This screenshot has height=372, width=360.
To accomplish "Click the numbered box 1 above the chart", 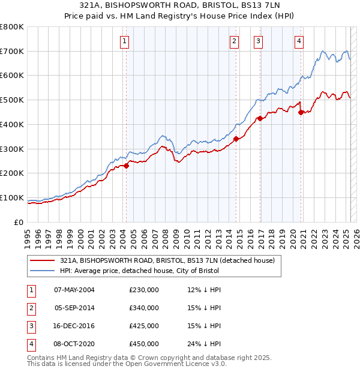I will point(124,41).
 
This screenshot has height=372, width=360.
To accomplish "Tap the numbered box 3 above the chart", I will point(258,41).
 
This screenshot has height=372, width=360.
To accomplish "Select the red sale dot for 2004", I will point(127,166).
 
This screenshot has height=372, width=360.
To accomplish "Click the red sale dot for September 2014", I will point(236,139).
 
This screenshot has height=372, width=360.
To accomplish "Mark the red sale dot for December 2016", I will point(260,118).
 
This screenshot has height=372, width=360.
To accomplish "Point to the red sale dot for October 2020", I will point(301,112).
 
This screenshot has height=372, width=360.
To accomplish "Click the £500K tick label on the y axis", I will point(12,100).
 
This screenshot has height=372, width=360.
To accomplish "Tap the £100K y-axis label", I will point(12,198).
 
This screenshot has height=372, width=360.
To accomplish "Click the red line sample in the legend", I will point(42,261).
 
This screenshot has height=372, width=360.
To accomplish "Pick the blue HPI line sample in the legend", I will point(42,271).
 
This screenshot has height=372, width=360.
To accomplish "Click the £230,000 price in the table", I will point(144,290).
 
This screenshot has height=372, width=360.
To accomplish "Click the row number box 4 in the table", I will point(30,344).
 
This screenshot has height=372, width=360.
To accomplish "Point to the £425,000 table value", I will point(144,326).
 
